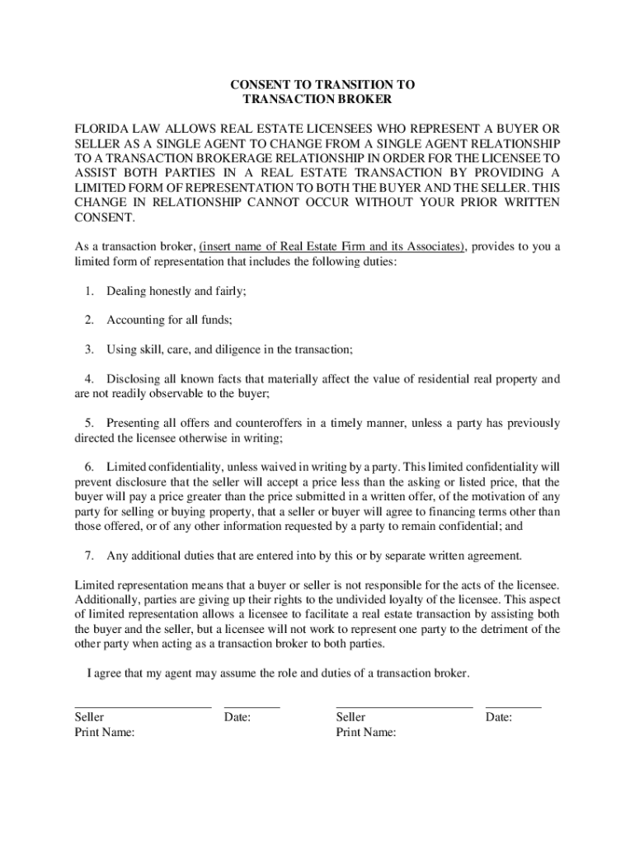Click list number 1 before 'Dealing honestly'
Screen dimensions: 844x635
pos(89,291)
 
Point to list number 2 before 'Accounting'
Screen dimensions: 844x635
pos(89,320)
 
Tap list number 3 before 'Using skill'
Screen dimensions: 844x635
pos(89,349)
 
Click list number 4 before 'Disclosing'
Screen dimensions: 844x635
pos(89,379)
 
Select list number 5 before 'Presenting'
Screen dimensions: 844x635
pos(89,424)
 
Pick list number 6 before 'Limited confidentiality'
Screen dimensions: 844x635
pos(89,467)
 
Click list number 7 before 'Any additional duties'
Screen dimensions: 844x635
pos(89,555)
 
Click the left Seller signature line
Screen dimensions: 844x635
pos(143,706)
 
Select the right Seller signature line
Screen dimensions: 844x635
pos(404,706)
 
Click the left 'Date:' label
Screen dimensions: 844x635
pos(238,718)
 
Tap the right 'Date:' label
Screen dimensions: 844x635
pos(499,718)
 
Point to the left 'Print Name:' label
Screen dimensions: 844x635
pos(105,732)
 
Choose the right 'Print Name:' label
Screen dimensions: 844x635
pos(366,732)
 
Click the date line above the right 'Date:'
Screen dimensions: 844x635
pos(514,706)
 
